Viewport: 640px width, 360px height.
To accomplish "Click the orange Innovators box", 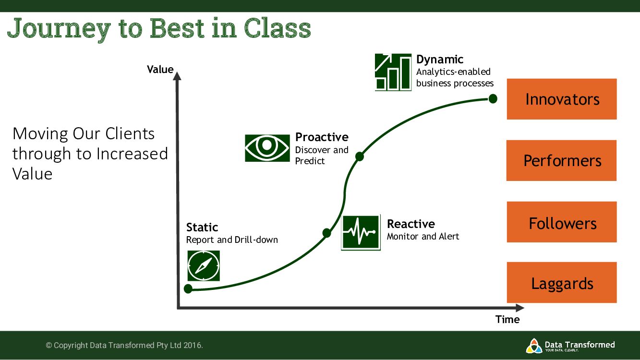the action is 562,99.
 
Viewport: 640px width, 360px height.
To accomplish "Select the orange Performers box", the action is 561,160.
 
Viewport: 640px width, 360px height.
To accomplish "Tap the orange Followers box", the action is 562,222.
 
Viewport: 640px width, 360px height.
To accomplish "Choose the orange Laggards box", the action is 562,283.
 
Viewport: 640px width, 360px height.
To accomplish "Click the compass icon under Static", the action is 204,265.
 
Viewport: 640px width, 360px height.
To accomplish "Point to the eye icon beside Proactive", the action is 267,148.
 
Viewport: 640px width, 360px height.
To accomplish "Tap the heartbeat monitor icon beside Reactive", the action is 361,232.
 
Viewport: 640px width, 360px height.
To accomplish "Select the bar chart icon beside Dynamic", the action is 393,72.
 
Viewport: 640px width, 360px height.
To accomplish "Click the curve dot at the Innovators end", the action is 492,99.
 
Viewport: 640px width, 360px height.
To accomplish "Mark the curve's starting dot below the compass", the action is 188,288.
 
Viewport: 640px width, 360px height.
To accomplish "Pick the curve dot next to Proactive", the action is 359,156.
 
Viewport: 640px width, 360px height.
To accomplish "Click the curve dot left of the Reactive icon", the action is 326,233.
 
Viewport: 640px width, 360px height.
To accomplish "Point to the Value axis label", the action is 160,70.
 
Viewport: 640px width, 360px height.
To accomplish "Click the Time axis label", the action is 507,320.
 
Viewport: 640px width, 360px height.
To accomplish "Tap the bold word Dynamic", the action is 439,60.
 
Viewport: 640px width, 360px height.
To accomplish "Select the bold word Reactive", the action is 411,224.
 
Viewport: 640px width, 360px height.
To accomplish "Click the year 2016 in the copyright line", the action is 193,345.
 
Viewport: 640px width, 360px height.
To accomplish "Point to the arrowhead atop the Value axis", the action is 178,75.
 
